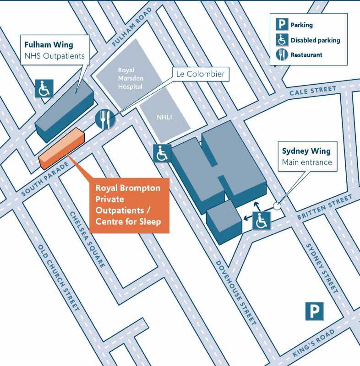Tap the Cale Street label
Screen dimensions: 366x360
click(312, 91)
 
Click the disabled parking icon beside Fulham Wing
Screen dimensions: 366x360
click(44, 88)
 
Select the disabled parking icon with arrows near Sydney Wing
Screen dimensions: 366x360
click(261, 221)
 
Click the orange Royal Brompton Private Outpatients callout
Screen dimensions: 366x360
click(129, 205)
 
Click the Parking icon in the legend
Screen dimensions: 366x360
click(281, 25)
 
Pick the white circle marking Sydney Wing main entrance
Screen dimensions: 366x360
click(277, 206)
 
